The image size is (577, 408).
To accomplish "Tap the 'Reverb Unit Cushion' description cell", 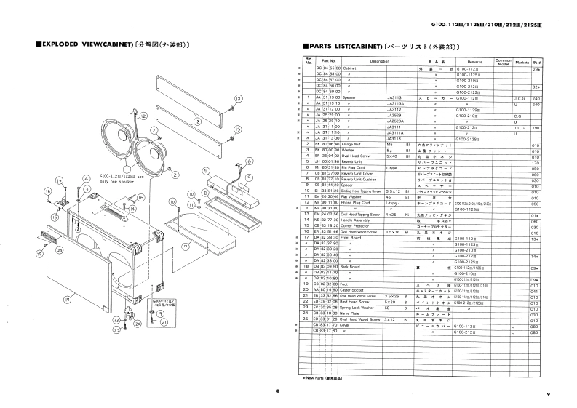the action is (363, 180).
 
